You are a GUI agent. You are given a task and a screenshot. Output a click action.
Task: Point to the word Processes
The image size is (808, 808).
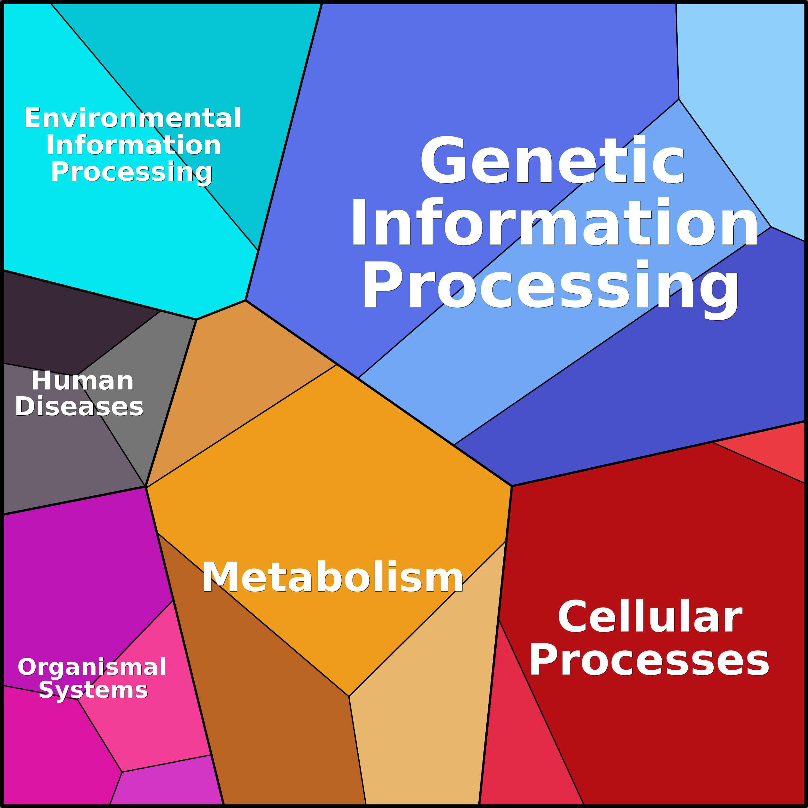pyautogui.click(x=649, y=660)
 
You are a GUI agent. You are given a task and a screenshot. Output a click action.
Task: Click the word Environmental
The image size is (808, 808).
pyautogui.click(x=133, y=118)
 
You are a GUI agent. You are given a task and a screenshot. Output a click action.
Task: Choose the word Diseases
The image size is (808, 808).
pyautogui.click(x=79, y=407)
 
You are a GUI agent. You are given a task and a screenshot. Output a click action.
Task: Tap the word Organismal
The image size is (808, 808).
pyautogui.click(x=92, y=667)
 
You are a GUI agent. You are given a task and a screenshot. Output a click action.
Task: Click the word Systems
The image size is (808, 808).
pyautogui.click(x=93, y=690)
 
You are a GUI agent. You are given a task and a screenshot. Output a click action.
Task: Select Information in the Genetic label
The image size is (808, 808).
pyautogui.click(x=554, y=223)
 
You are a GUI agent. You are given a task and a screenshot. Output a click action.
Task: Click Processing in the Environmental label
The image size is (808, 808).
pyautogui.click(x=132, y=172)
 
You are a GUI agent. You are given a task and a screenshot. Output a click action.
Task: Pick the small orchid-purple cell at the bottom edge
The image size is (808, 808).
pyautogui.click(x=167, y=786)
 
